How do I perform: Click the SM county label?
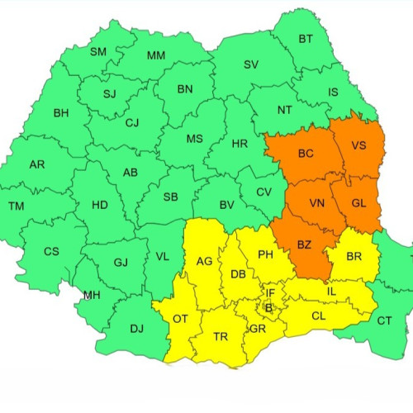tap(98, 52)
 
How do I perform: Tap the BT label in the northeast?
tap(306, 39)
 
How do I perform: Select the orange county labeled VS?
tap(359, 145)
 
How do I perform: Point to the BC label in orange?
tap(306, 154)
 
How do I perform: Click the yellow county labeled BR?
tap(354, 257)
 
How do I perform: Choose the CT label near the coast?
tap(385, 320)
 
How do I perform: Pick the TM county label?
tap(17, 206)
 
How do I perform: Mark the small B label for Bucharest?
tap(268, 307)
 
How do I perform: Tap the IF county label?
tap(270, 292)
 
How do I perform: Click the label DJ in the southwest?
tap(136, 328)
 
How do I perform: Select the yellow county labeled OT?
tap(180, 319)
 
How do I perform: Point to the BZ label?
tap(303, 244)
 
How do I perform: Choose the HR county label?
tap(240, 144)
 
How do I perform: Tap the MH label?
tap(93, 295)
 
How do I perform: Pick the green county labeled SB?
tap(171, 197)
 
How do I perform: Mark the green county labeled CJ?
tap(132, 123)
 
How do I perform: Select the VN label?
tap(316, 202)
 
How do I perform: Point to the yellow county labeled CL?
tap(318, 316)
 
